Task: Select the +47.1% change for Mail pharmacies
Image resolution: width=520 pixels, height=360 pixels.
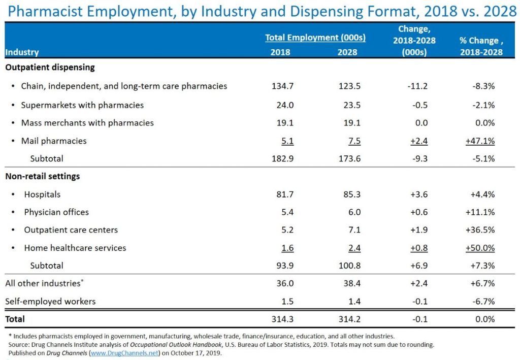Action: pyautogui.click(x=480, y=141)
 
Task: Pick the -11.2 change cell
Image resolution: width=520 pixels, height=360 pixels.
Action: pyautogui.click(x=417, y=86)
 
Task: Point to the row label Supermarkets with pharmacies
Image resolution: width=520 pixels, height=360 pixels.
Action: pyautogui.click(x=82, y=105)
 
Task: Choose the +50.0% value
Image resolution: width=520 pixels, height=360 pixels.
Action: pyautogui.click(x=480, y=248)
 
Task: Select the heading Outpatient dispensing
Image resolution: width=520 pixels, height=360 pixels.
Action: pyautogui.click(x=50, y=67)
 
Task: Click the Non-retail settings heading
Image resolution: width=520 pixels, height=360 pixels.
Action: pyautogui.click(x=42, y=177)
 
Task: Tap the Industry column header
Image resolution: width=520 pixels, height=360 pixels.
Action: pyautogui.click(x=22, y=52)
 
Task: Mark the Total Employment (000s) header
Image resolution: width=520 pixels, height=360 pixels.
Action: pyautogui.click(x=315, y=38)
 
